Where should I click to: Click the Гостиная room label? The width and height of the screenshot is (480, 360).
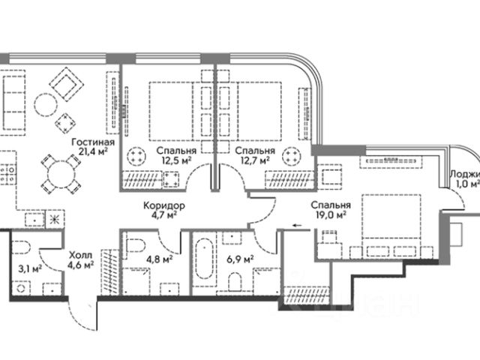(94, 142)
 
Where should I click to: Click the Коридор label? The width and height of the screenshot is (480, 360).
(163, 205)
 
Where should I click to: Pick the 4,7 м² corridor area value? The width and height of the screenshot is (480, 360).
(163, 216)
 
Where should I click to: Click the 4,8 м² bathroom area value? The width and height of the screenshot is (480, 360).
(160, 260)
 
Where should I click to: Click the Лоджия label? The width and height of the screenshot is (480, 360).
(464, 174)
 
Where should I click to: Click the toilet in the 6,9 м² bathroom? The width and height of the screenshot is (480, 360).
(235, 281)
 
